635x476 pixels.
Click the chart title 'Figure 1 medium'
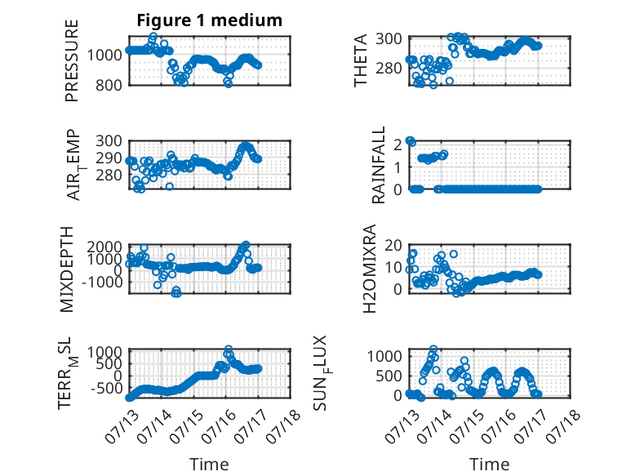210,20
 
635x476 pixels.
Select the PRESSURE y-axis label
71,60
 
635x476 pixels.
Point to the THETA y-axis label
360,60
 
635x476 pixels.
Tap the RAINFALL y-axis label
378,165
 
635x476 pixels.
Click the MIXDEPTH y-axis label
66,269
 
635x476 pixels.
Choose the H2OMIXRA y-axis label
370,269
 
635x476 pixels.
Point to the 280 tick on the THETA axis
389,68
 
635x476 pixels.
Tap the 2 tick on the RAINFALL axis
397,144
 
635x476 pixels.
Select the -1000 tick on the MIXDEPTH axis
102,282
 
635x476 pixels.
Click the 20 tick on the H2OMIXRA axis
393,245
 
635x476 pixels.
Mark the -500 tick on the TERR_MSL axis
106,389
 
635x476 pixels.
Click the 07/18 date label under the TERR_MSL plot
283,421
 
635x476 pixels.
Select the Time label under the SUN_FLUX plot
489,465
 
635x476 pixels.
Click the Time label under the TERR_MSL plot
210,465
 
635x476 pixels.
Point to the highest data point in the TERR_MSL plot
229,349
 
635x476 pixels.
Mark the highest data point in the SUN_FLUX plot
433,349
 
